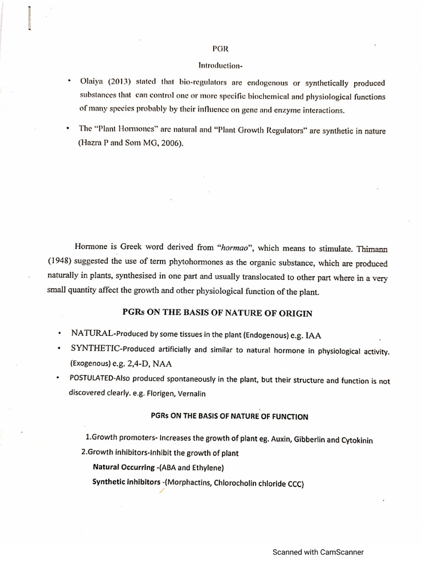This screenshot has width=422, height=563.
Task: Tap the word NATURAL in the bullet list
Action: [x=92, y=334]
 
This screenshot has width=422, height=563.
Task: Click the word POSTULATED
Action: [x=92, y=380]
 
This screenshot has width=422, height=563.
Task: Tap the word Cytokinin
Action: [x=362, y=440]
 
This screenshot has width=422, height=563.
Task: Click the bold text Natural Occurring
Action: [x=124, y=468]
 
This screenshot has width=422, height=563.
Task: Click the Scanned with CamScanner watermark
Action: [x=319, y=553]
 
